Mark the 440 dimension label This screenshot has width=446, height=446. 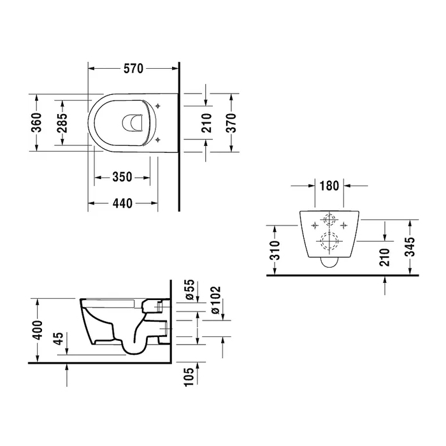(x=122, y=203)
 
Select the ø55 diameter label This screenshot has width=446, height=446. (x=189, y=291)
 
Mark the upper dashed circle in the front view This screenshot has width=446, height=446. (x=329, y=220)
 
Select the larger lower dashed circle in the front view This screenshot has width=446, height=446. (x=329, y=242)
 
